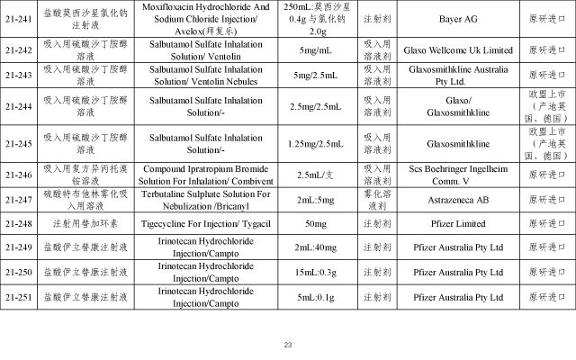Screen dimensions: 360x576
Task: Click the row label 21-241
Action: point(19,18)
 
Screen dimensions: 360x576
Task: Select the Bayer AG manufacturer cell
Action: point(447,18)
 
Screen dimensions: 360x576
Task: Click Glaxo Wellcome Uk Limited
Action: point(447,49)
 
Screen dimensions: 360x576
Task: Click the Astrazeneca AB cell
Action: point(447,199)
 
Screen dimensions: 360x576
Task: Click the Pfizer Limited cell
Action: point(447,222)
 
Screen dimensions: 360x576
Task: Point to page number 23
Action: point(288,345)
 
